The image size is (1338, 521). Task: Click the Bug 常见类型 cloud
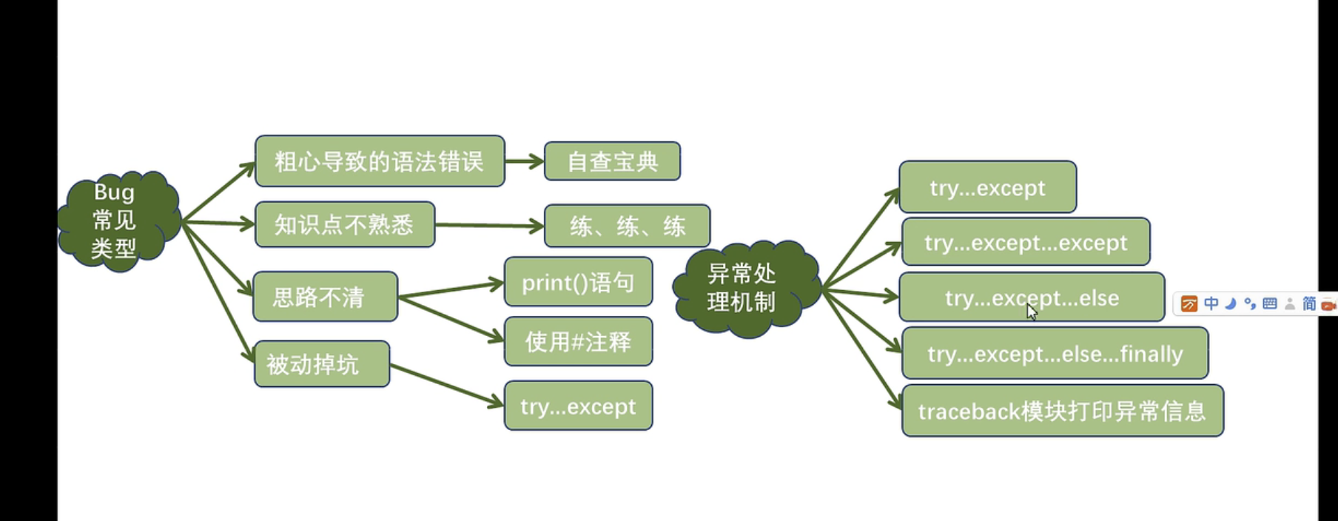click(117, 221)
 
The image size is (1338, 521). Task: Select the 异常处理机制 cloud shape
click(744, 289)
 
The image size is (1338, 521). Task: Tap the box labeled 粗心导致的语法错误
click(380, 161)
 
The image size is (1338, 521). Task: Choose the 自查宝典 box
click(612, 161)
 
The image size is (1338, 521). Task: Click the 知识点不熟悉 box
click(345, 224)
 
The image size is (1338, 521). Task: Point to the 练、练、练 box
click(627, 226)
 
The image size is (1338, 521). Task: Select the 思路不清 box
click(325, 297)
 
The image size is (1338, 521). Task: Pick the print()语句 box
click(578, 282)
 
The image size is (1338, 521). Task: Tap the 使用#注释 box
click(578, 341)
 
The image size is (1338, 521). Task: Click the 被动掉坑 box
click(321, 364)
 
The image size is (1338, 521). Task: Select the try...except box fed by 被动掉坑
click(578, 406)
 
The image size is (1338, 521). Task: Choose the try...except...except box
click(1026, 242)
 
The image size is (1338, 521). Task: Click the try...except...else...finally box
click(1055, 354)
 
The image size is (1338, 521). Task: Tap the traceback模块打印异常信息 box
click(1062, 411)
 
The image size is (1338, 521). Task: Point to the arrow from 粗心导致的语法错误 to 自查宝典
click(524, 161)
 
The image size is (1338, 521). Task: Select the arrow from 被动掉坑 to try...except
click(446, 385)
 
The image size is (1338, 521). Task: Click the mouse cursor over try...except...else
click(1032, 311)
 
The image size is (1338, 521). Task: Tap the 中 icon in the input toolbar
click(1211, 303)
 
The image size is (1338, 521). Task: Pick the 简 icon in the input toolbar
click(1309, 303)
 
